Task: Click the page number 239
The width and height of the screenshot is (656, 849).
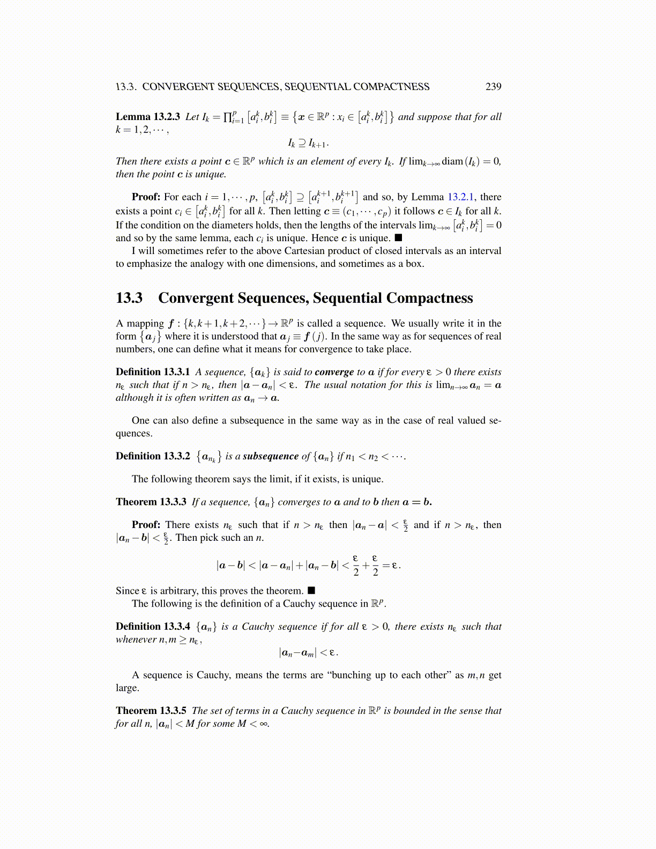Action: click(493, 86)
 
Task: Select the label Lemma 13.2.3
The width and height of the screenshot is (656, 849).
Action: click(148, 117)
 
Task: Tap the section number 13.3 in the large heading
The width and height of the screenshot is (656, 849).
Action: click(129, 298)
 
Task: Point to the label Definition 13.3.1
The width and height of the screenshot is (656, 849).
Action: click(153, 372)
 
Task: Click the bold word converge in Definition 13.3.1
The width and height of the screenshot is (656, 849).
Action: click(334, 372)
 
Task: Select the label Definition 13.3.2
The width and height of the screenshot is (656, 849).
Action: click(153, 456)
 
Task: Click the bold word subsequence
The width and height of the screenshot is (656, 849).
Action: click(271, 456)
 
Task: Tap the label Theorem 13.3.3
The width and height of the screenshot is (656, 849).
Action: click(151, 502)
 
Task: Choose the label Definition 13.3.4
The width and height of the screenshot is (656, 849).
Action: click(153, 627)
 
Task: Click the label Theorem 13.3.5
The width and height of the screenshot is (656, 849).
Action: click(151, 711)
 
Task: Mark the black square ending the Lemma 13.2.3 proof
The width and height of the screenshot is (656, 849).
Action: click(398, 238)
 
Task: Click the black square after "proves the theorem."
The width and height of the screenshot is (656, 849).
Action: click(311, 591)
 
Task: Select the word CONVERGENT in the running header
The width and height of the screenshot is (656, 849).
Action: click(175, 86)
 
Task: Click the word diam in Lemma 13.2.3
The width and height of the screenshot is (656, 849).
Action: click(452, 161)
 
